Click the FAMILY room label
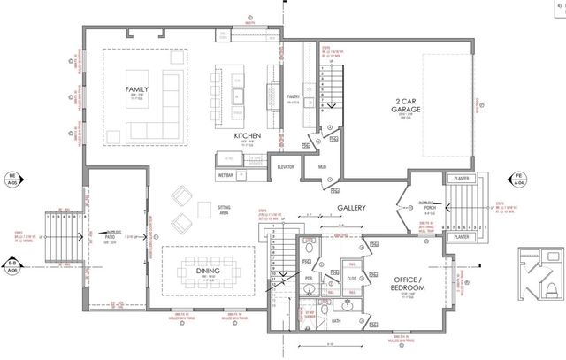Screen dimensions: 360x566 click(x=137, y=89)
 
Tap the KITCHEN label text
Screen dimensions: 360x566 click(x=247, y=136)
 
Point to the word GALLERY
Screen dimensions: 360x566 click(x=351, y=209)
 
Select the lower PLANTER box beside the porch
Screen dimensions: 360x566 click(x=459, y=237)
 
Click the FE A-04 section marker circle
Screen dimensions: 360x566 click(x=521, y=180)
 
